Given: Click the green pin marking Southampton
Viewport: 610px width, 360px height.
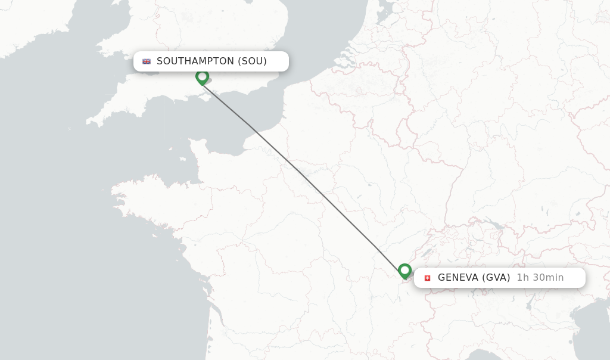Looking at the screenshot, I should (202, 77).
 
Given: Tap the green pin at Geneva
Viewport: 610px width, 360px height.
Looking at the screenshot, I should (404, 271).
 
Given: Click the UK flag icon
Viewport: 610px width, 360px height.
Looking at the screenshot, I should (147, 61).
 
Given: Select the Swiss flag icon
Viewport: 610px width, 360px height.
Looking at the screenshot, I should (427, 278).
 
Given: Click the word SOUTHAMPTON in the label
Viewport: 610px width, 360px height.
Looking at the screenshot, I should (195, 61).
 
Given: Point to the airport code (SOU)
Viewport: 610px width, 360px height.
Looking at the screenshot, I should (252, 61).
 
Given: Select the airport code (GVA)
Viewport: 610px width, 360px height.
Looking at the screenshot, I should (496, 277).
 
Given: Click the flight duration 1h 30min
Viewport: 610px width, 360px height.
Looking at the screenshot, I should (540, 277).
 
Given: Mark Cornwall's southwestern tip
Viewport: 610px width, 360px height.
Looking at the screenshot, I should (89, 123).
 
